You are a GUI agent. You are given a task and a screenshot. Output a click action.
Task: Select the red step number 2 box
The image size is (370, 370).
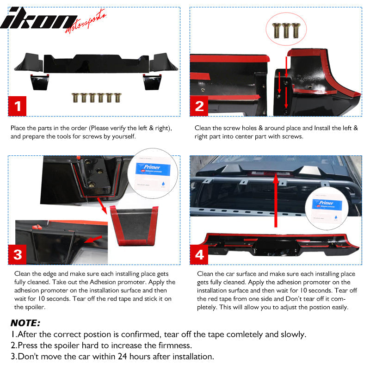[x=200, y=107]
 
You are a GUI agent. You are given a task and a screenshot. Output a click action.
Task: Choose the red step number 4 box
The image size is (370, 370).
[x=200, y=254]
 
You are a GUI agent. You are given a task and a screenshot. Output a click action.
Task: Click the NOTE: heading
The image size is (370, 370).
[x=25, y=323]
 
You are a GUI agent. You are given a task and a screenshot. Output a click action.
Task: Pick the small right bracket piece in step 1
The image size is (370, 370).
[x=151, y=82]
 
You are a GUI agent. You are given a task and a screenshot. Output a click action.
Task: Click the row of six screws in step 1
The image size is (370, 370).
[x=92, y=98]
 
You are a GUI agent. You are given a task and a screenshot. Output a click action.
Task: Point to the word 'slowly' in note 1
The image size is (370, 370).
[x=292, y=334]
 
